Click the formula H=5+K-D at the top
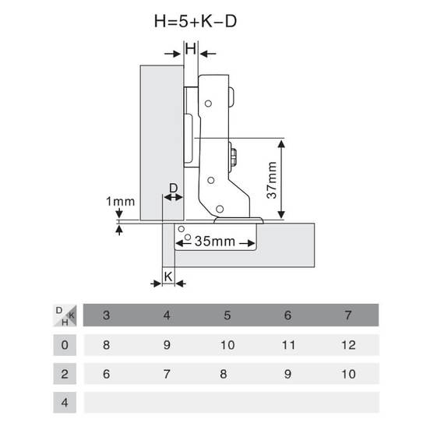coord(196,21)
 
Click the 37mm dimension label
coord(272,180)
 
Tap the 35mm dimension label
coord(215,241)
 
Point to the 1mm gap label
coord(121,202)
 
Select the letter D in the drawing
coord(173,189)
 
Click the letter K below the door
coord(168,277)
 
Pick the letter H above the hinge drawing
coord(191,49)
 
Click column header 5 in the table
coord(227,315)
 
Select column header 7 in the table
coord(348,315)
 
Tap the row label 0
coord(65,345)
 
